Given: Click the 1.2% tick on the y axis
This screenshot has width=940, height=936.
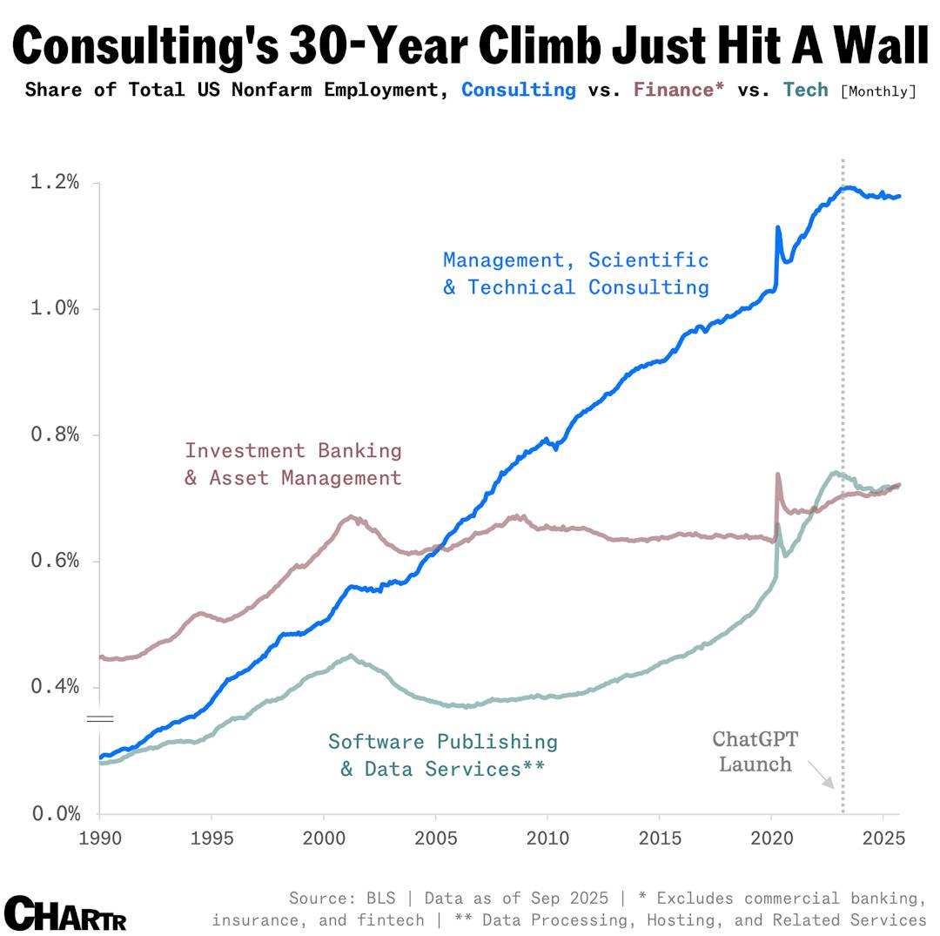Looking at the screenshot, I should (55, 182).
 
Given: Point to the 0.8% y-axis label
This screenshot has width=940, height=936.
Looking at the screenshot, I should (55, 434).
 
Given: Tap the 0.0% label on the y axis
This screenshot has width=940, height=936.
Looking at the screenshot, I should (55, 813).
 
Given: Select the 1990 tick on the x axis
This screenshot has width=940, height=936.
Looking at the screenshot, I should (99, 838).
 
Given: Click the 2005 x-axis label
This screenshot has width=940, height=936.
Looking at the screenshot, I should (435, 838).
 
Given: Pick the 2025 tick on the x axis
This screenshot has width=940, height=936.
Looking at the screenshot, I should (883, 838).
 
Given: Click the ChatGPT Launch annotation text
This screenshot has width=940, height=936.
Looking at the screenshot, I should (755, 751).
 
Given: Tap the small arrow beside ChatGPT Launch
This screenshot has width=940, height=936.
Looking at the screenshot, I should (820, 774).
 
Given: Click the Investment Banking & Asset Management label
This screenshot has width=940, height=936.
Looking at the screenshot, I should (292, 464).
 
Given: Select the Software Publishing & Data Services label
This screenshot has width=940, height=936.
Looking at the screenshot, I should (442, 755).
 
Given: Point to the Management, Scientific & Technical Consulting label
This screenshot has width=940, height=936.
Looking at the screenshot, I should (575, 273).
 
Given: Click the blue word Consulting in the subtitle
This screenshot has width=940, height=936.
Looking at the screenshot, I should (518, 90).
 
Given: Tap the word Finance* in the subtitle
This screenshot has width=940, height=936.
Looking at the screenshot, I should (678, 90).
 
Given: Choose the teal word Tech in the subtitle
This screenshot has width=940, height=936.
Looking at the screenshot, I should (805, 90).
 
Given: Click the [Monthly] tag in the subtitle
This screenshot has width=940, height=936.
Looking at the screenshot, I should (878, 91).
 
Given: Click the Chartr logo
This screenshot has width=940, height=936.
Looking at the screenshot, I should (65, 913).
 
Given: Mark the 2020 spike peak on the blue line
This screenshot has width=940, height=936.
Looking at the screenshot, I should (777, 227).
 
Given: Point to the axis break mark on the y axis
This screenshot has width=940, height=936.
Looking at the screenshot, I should (99, 718).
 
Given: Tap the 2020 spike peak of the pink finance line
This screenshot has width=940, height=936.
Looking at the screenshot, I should (777, 475).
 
